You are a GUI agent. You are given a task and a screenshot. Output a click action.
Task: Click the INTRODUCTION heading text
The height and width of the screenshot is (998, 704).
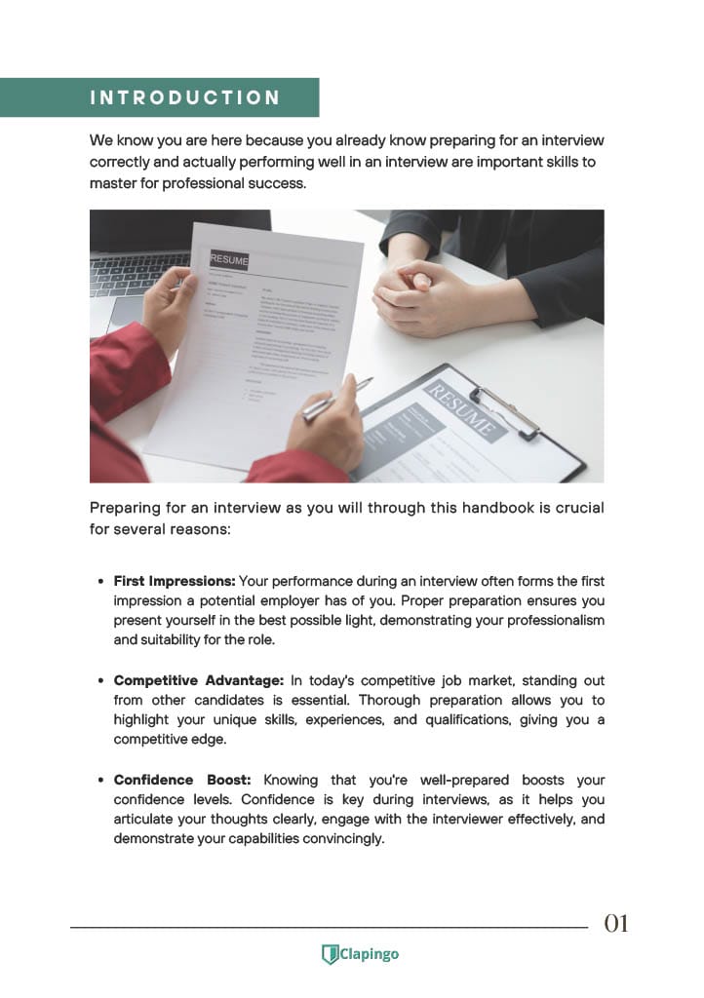tap(184, 97)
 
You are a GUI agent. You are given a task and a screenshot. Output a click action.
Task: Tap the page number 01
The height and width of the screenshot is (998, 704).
tap(616, 923)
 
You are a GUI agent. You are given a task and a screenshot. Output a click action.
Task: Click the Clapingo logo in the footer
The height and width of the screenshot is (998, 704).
tap(360, 954)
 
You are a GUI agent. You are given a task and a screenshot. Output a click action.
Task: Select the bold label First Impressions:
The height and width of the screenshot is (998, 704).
tap(175, 581)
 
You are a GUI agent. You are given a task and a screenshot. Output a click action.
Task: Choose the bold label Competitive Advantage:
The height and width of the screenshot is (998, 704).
tap(199, 680)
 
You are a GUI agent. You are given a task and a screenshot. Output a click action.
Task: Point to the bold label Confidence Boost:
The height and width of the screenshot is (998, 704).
tap(182, 780)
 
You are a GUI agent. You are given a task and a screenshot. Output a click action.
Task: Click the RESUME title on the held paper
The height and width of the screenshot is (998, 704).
tap(229, 260)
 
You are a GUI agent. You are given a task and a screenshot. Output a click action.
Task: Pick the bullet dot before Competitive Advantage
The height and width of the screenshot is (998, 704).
tap(101, 680)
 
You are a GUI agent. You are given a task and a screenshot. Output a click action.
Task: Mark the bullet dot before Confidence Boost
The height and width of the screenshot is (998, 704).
tap(101, 780)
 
